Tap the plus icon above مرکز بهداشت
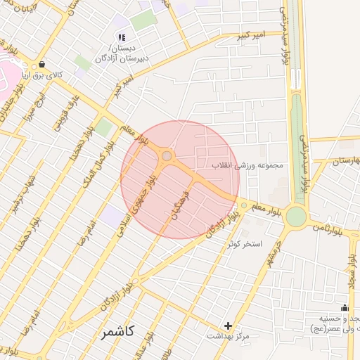(x=227, y=326)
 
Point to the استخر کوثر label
(x=244, y=244)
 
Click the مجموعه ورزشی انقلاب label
(x=247, y=166)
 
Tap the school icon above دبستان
(x=122, y=37)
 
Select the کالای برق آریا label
(x=42, y=75)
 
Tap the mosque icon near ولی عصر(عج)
(x=345, y=307)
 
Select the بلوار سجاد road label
(x=349, y=271)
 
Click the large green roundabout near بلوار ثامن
(x=296, y=216)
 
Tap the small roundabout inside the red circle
(x=167, y=156)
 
